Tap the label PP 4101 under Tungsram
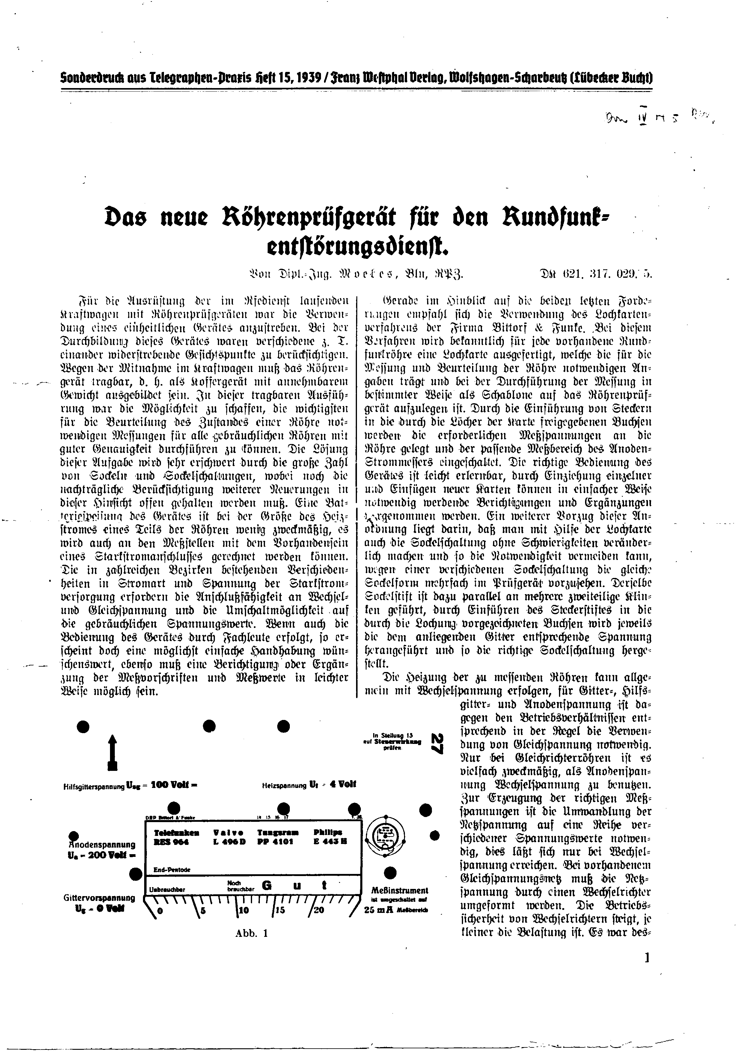[275, 841]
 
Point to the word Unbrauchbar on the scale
[167, 890]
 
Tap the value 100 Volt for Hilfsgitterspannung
[174, 784]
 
